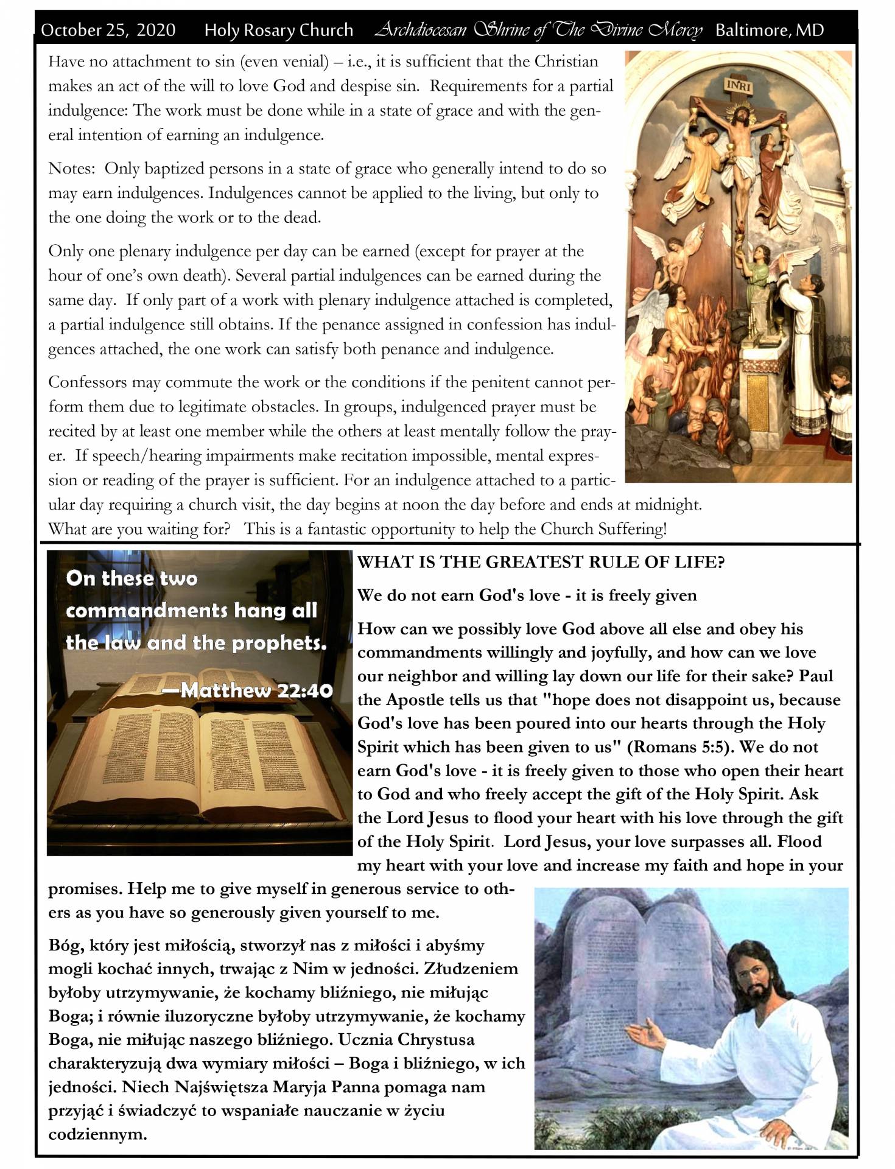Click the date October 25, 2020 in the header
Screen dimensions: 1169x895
pos(108,30)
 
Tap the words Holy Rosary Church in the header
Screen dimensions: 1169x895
pos(278,30)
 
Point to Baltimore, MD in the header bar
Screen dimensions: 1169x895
pos(769,30)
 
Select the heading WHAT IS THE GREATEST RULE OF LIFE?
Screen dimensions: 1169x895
pos(541,562)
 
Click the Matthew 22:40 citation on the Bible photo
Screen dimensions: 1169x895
pos(256,690)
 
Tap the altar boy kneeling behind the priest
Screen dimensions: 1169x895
pos(841,414)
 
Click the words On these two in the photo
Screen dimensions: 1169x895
pos(132,578)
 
